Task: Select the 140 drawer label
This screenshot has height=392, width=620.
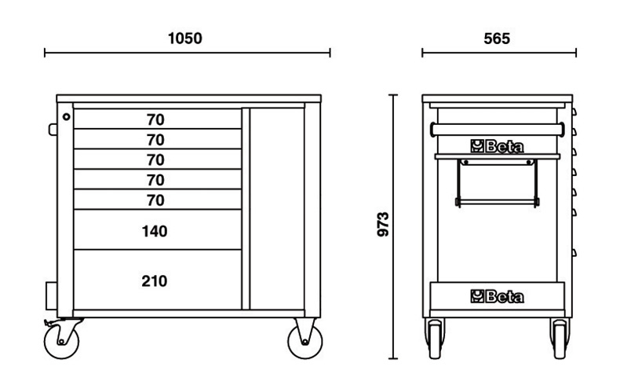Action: pyautogui.click(x=155, y=231)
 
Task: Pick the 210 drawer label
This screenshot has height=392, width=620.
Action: pyautogui.click(x=155, y=280)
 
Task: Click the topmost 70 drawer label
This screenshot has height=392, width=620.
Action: pyautogui.click(x=155, y=120)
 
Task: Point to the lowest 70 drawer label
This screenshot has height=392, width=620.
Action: pyautogui.click(x=155, y=200)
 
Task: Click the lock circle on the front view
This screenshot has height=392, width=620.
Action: pyautogui.click(x=67, y=117)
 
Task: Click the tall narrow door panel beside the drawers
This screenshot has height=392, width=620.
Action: pyautogui.click(x=275, y=207)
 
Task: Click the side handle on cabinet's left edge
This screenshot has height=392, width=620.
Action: pyautogui.click(x=53, y=128)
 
